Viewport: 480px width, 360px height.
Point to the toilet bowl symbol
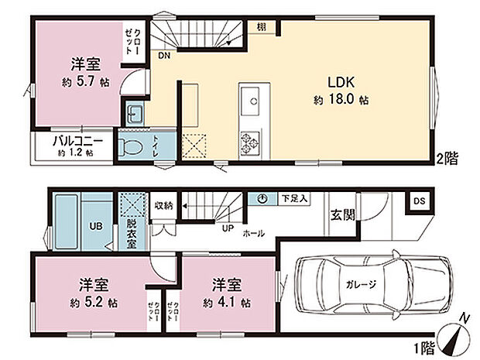(132, 146)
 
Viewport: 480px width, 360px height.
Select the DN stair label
(164, 56)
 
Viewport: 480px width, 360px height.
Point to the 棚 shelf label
(262, 28)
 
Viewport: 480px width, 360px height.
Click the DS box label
(419, 201)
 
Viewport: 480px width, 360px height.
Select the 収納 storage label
(163, 205)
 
